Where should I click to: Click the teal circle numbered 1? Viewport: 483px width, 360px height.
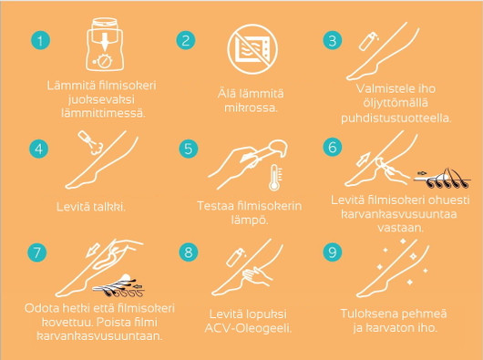[x=40, y=40]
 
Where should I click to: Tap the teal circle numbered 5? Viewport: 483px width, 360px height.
[x=189, y=149]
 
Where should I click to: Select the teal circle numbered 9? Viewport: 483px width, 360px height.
[x=333, y=252]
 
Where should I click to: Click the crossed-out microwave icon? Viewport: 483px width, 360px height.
[x=252, y=49]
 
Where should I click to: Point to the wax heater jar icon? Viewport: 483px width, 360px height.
[x=105, y=45]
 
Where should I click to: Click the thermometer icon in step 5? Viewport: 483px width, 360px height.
[x=274, y=178]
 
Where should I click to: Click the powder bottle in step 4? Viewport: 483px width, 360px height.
[x=91, y=142]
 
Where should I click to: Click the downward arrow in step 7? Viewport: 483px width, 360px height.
[x=93, y=250]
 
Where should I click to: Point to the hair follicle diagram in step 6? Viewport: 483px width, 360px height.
[x=442, y=179]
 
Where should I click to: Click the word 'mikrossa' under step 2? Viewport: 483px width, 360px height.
[x=251, y=108]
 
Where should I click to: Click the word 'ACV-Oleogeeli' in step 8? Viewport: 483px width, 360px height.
[x=248, y=328]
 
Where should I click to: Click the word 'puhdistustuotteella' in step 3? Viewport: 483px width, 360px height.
[x=396, y=118]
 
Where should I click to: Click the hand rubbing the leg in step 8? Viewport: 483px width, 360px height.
[x=257, y=275]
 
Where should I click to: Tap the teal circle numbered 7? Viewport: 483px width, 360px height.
[x=36, y=252]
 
